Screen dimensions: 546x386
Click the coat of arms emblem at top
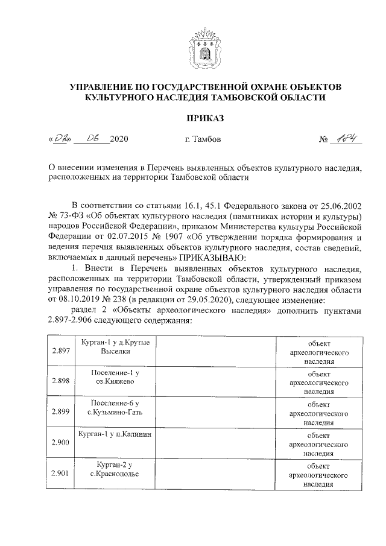click(192, 42)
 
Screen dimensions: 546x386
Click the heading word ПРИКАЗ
click(192, 116)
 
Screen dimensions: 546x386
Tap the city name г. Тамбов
click(203, 139)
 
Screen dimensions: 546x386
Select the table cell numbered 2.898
click(61, 381)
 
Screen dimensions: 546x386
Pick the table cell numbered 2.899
click(61, 412)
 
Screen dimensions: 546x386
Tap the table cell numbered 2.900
click(61, 443)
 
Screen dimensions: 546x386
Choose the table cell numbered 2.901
click(61, 474)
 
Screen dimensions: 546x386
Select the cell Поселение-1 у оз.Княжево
click(115, 377)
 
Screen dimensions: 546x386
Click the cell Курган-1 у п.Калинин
click(115, 434)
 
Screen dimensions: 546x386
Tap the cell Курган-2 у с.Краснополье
click(115, 469)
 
